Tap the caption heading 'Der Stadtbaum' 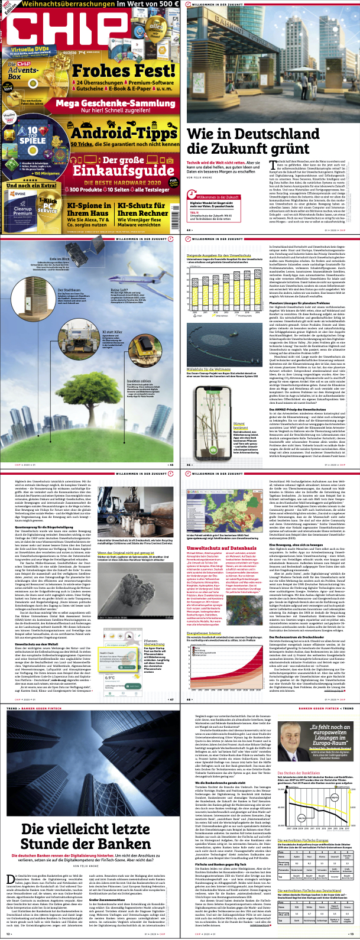[68, 290]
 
